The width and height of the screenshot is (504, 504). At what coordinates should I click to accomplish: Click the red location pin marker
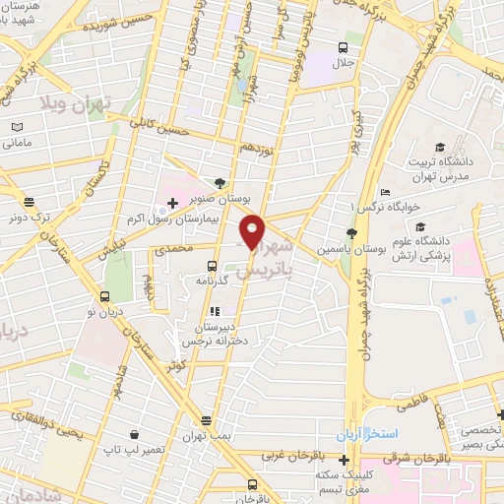[253, 231]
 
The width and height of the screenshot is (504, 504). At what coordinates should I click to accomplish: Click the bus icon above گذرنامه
[212, 266]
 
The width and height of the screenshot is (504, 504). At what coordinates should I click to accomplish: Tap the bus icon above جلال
[343, 48]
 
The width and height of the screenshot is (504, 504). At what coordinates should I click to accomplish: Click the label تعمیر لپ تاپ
[123, 448]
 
